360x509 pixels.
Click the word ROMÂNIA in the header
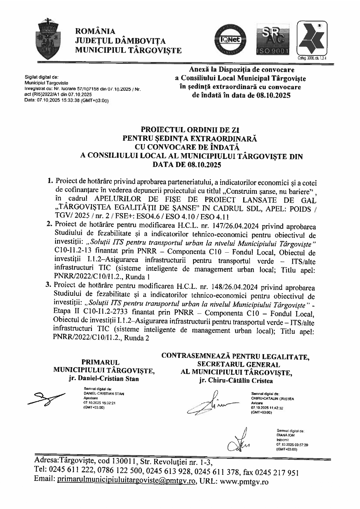95,31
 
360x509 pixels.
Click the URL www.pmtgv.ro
244,482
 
